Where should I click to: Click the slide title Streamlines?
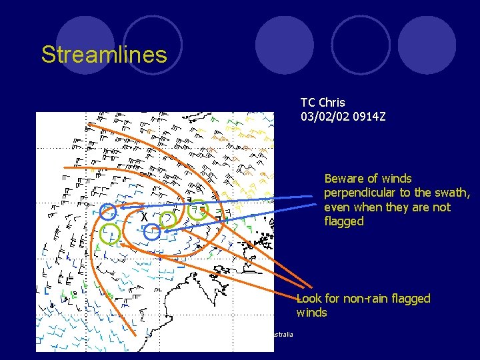click(x=103, y=55)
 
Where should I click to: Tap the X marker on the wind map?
click(x=143, y=218)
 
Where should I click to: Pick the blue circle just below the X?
click(x=152, y=233)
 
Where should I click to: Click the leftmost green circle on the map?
click(x=110, y=233)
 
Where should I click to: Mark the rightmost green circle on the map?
click(x=198, y=211)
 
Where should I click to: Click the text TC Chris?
click(x=323, y=103)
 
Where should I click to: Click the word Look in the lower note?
click(x=309, y=299)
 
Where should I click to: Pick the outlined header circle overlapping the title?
click(x=153, y=44)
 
